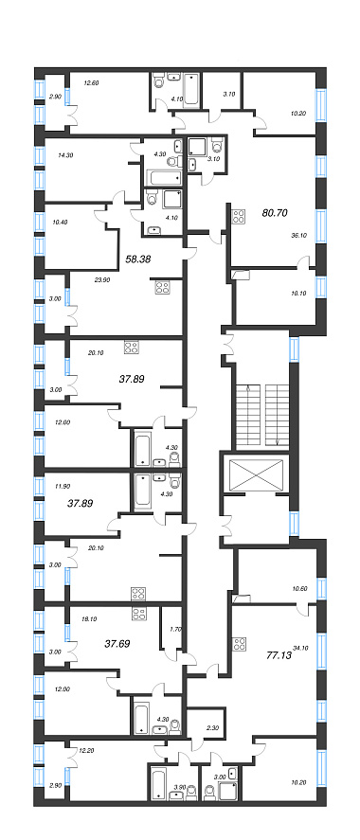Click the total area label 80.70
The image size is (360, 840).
276,213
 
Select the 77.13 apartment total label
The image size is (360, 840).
279,654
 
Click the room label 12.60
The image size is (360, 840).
93,82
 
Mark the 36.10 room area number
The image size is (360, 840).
297,234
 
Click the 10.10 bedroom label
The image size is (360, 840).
297,293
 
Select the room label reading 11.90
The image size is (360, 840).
63,487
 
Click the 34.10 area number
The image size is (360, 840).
301,647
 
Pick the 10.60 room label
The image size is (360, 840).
301,589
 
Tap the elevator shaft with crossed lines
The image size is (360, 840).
255,474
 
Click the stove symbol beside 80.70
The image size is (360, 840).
239,217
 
